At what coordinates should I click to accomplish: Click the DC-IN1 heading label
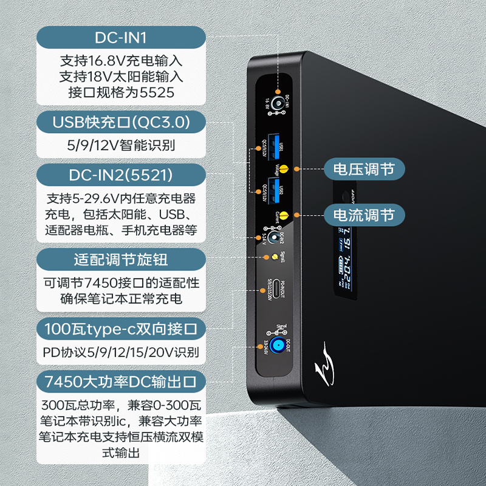pos(121,38)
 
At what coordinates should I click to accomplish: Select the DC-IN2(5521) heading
pos(121,176)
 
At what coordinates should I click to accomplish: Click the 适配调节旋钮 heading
pos(121,260)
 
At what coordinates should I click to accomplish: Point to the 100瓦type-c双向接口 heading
pos(121,330)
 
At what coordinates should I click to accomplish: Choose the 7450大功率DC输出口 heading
pos(121,382)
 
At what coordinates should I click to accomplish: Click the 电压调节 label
pos(364,169)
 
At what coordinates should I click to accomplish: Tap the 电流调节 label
pos(364,214)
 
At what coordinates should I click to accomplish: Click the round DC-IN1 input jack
pos(278,103)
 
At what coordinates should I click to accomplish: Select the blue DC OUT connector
pos(278,347)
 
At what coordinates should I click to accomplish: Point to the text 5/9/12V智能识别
pos(121,146)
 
